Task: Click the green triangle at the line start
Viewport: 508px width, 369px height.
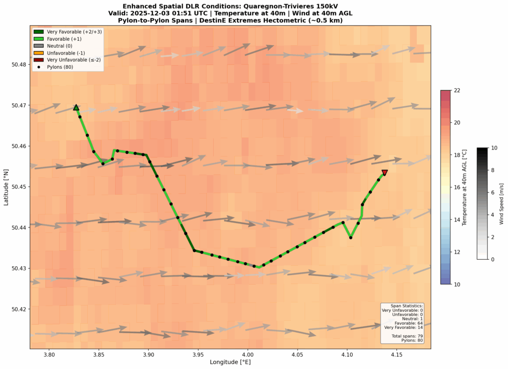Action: [76, 107]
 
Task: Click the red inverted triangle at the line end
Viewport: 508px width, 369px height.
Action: [384, 173]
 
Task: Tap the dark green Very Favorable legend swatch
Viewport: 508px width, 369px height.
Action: [39, 32]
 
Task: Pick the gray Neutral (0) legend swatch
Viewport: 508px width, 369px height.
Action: [39, 46]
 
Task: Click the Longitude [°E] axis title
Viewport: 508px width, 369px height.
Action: [230, 363]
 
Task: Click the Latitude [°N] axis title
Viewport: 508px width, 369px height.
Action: [6, 187]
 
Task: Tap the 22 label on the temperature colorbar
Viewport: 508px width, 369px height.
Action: [458, 90]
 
